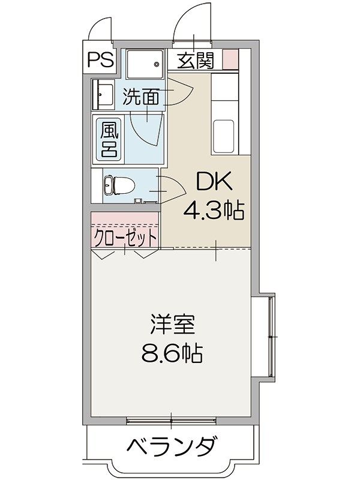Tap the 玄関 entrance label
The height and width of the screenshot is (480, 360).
(195, 61)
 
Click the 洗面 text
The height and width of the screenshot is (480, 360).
(141, 97)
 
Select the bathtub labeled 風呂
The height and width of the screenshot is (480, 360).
(109, 139)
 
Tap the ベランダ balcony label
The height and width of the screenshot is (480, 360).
(172, 447)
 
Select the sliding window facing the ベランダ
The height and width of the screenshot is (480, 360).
(172, 418)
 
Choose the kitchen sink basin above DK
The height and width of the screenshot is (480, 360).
(224, 135)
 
